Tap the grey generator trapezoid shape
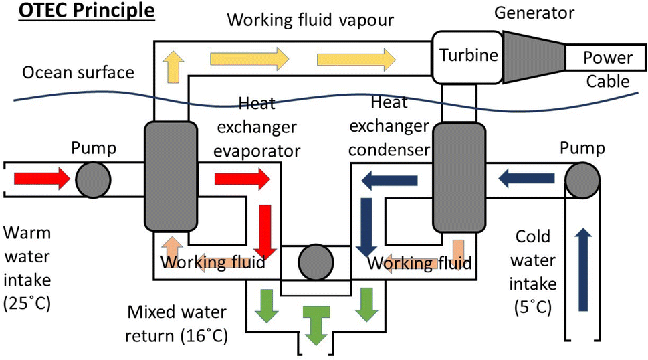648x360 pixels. tap(533, 57)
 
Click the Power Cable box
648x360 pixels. tap(607, 58)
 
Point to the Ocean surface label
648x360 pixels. tap(78, 72)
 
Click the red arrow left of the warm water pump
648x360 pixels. tap(42, 179)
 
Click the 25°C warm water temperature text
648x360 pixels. tap(27, 302)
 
